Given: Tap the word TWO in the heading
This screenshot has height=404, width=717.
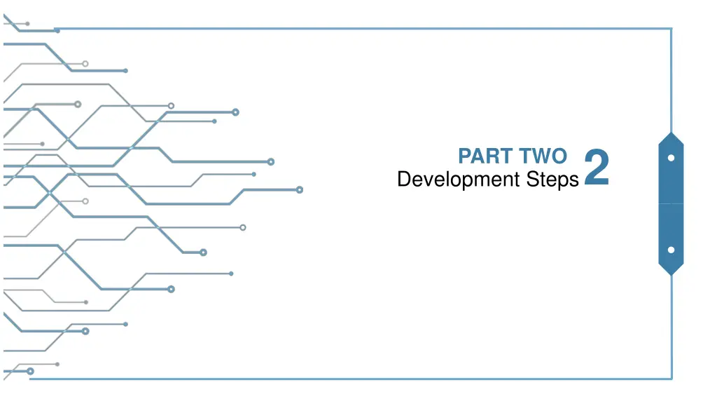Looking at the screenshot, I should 543,156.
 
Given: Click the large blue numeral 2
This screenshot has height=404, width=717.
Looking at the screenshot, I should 597,168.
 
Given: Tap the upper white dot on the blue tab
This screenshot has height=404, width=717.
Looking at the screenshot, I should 671,158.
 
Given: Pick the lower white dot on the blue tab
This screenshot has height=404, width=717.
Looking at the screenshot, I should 671,250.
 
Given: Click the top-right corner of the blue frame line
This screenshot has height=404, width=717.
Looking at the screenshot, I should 671,29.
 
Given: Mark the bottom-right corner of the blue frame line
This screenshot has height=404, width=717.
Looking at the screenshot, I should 671,379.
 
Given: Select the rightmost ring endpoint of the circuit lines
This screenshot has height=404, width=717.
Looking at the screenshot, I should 300,189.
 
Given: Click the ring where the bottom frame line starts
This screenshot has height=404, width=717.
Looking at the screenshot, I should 30,371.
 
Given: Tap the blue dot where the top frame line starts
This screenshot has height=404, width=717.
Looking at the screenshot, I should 57,31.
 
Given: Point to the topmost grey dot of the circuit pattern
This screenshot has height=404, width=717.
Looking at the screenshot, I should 27,24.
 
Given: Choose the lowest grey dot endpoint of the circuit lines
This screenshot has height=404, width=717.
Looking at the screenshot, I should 57,364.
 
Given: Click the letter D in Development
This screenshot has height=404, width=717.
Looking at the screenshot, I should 403,180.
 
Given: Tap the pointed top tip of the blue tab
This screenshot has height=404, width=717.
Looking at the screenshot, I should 671,133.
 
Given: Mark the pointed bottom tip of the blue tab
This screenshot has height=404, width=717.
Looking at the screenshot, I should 671,274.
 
